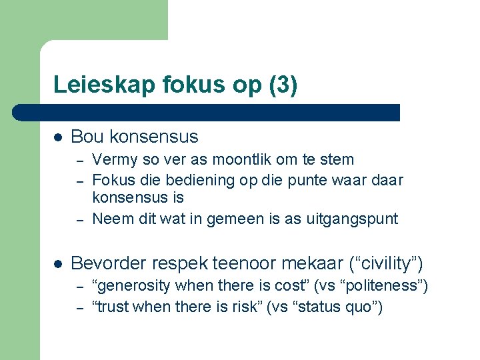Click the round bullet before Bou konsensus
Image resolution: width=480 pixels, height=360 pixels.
coord(58,137)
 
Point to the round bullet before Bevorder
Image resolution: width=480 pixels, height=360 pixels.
coord(58,264)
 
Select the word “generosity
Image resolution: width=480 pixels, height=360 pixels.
coord(131,287)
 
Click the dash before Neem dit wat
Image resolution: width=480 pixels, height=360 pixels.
coord(79,219)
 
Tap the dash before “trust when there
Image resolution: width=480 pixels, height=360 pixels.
coord(79,308)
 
